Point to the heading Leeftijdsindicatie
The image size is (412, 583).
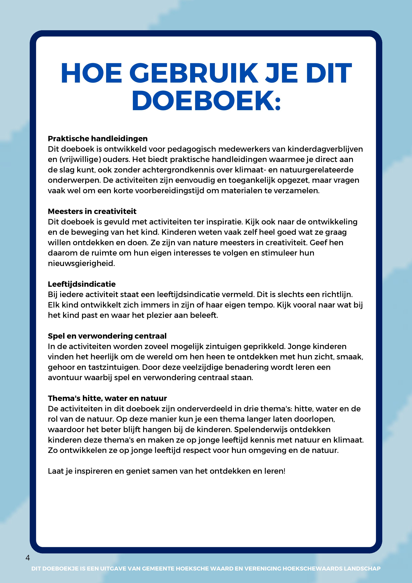pos(82,284)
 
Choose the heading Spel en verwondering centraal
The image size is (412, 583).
pos(107,336)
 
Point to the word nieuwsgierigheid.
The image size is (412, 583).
pos(81,263)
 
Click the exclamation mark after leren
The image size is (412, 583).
pos(284,471)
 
